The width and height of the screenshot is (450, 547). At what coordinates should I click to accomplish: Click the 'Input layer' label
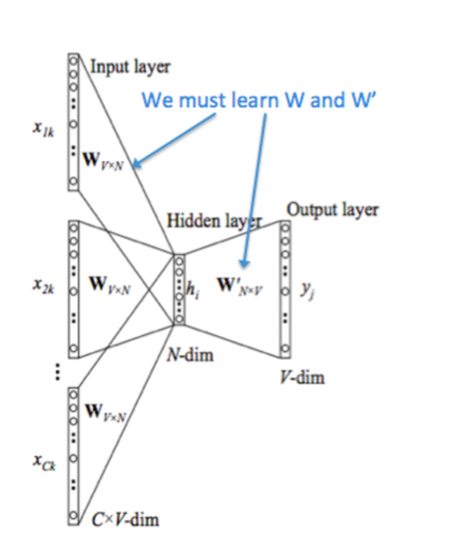tap(130, 66)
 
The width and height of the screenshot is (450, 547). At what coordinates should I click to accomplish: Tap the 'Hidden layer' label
tap(214, 221)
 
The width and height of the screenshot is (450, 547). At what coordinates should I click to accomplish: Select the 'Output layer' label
tap(333, 210)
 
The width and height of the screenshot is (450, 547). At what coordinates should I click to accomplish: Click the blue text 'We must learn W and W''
tap(259, 100)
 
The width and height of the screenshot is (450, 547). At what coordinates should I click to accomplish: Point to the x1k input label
tap(44, 129)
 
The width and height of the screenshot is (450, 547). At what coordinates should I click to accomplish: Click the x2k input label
tap(44, 286)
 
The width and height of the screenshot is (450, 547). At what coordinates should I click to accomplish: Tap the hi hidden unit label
tap(193, 290)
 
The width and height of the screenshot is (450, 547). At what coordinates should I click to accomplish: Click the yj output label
tap(308, 290)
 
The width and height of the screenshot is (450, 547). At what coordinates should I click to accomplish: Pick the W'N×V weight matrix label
tap(240, 286)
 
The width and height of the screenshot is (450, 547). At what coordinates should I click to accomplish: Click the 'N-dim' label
tap(190, 355)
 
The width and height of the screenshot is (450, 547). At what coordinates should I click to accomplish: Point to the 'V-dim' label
tap(302, 377)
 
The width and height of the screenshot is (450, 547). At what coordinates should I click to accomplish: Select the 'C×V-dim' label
tap(125, 519)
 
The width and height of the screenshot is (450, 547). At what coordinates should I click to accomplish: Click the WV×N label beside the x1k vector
tap(104, 161)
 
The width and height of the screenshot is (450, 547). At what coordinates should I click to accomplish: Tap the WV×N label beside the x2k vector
tap(110, 285)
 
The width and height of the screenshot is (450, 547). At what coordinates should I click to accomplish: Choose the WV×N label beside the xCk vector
tap(105, 413)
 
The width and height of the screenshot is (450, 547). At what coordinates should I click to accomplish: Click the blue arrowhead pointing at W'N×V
tap(244, 263)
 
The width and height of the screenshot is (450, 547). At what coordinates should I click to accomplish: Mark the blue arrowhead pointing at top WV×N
tap(137, 163)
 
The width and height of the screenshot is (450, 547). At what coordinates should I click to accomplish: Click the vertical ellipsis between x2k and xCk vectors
tap(57, 372)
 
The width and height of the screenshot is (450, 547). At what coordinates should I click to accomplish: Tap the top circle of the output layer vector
tap(285, 228)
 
